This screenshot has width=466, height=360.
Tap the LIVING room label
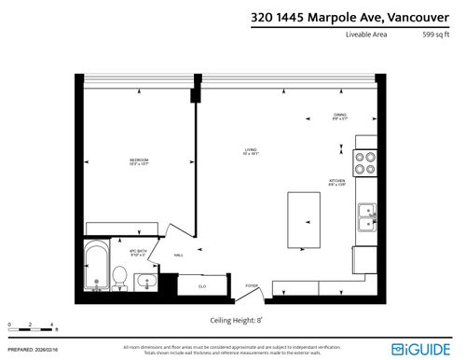[250, 150]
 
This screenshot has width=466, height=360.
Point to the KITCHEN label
[336, 182]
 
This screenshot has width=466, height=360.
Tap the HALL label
[178, 255]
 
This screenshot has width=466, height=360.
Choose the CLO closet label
[201, 287]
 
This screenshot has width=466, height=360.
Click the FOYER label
[252, 285]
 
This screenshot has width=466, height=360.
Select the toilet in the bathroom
[119, 276]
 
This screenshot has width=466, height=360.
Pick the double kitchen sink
[367, 216]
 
